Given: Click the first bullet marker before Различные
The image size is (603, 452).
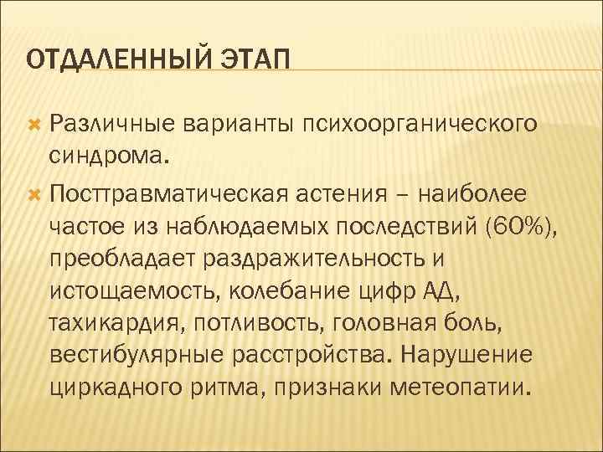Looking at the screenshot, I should [x=34, y=125].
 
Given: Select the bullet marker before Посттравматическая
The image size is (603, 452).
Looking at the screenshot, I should [x=34, y=195].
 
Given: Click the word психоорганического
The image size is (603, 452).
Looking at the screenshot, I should [x=420, y=125].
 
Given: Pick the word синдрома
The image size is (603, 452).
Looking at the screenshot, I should [x=108, y=155].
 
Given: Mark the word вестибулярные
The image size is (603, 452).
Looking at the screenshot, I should [x=126, y=354].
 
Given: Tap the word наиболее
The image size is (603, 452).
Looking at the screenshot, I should [x=482, y=194].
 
